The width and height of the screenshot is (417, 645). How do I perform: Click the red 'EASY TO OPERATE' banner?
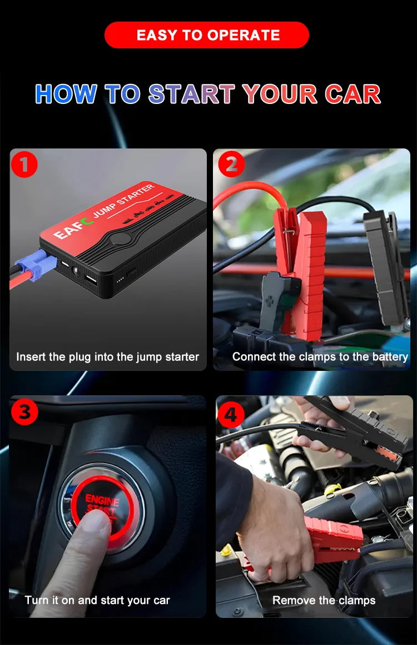pos(207,35)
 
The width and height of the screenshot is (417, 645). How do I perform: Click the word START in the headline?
pos(192,94)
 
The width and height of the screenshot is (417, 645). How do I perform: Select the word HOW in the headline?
pos(66,94)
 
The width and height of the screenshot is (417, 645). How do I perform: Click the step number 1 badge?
pos(24,165)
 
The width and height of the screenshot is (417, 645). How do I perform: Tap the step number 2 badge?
pos(231,165)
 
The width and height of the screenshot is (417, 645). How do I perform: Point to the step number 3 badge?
pos(24,412)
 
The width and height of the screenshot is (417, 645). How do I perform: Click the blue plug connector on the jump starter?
pos(37,267)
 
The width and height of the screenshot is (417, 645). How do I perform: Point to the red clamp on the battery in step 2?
pos(303,272)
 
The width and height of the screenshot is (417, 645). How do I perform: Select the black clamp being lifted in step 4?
pos(361,434)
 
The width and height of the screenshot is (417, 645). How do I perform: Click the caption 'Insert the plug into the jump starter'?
pos(107,357)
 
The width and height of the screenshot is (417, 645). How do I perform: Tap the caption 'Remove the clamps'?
pos(324,601)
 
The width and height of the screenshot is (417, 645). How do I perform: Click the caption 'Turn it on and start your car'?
pos(97,601)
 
